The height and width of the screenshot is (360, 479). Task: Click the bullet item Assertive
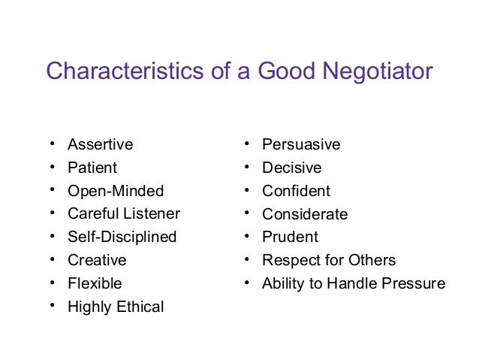pos(100,144)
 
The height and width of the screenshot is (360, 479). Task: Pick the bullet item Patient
pos(92,168)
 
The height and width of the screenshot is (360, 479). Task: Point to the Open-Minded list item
pos(116,191)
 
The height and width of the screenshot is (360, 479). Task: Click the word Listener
pos(153,214)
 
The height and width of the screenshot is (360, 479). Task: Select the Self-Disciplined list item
pos(122,237)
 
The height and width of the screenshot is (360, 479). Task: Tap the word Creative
pos(97,260)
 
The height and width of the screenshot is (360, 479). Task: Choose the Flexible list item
pos(95,283)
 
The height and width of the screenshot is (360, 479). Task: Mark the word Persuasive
pos(301,144)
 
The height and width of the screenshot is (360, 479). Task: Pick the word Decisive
pos(291,168)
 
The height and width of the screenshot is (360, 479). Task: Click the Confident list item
pos(296,191)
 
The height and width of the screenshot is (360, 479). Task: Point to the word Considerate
pos(305,214)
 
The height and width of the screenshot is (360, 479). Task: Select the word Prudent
pos(290,237)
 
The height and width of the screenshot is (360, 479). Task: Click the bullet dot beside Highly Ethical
pos(52,306)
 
